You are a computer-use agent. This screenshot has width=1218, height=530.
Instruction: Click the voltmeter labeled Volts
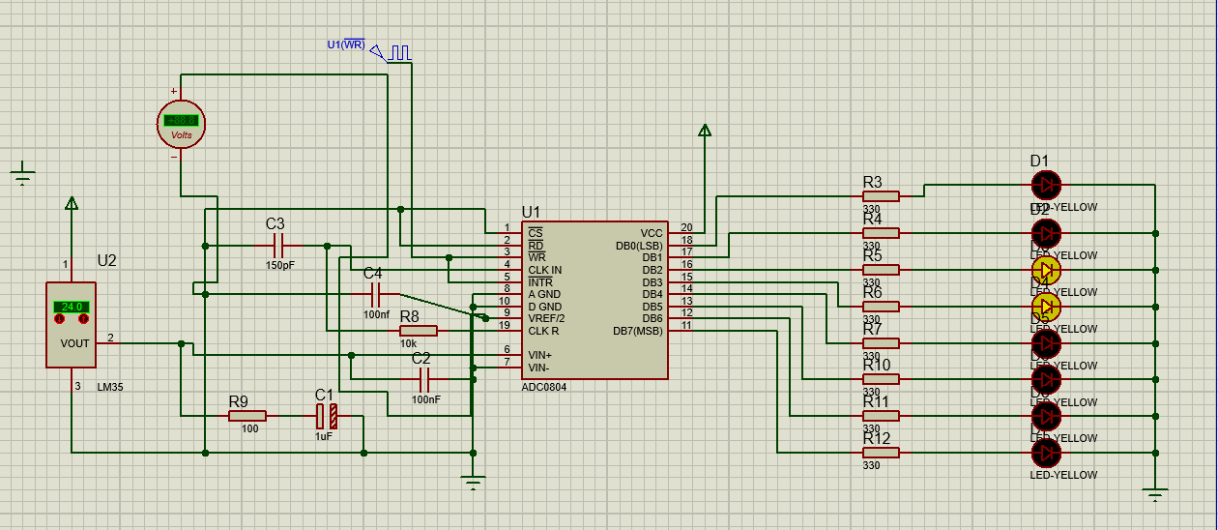[181, 124]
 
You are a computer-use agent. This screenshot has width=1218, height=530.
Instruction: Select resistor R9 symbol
[246, 416]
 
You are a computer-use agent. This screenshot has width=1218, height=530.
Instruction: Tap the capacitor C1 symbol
[326, 417]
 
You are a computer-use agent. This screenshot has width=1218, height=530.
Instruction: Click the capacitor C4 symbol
[374, 294]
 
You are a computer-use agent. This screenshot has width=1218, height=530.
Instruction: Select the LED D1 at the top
[1046, 185]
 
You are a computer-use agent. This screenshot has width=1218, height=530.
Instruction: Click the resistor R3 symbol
[880, 196]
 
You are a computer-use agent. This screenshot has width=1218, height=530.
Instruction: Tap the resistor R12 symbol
[880, 453]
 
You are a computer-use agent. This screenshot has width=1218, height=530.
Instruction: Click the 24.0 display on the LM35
[72, 307]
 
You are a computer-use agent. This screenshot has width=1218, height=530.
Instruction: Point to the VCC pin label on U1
[651, 233]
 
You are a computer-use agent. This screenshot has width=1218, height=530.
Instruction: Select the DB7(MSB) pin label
[638, 331]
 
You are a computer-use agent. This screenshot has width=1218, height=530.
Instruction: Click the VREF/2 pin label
[546, 318]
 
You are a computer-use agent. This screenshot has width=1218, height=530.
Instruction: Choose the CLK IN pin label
[544, 270]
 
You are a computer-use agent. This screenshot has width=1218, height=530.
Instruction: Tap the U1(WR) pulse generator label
[346, 44]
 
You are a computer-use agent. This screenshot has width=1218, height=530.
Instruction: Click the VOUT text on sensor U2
[73, 343]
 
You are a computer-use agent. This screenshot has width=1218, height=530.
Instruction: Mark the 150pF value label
[280, 265]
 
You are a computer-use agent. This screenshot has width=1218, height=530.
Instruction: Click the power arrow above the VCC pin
[705, 131]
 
